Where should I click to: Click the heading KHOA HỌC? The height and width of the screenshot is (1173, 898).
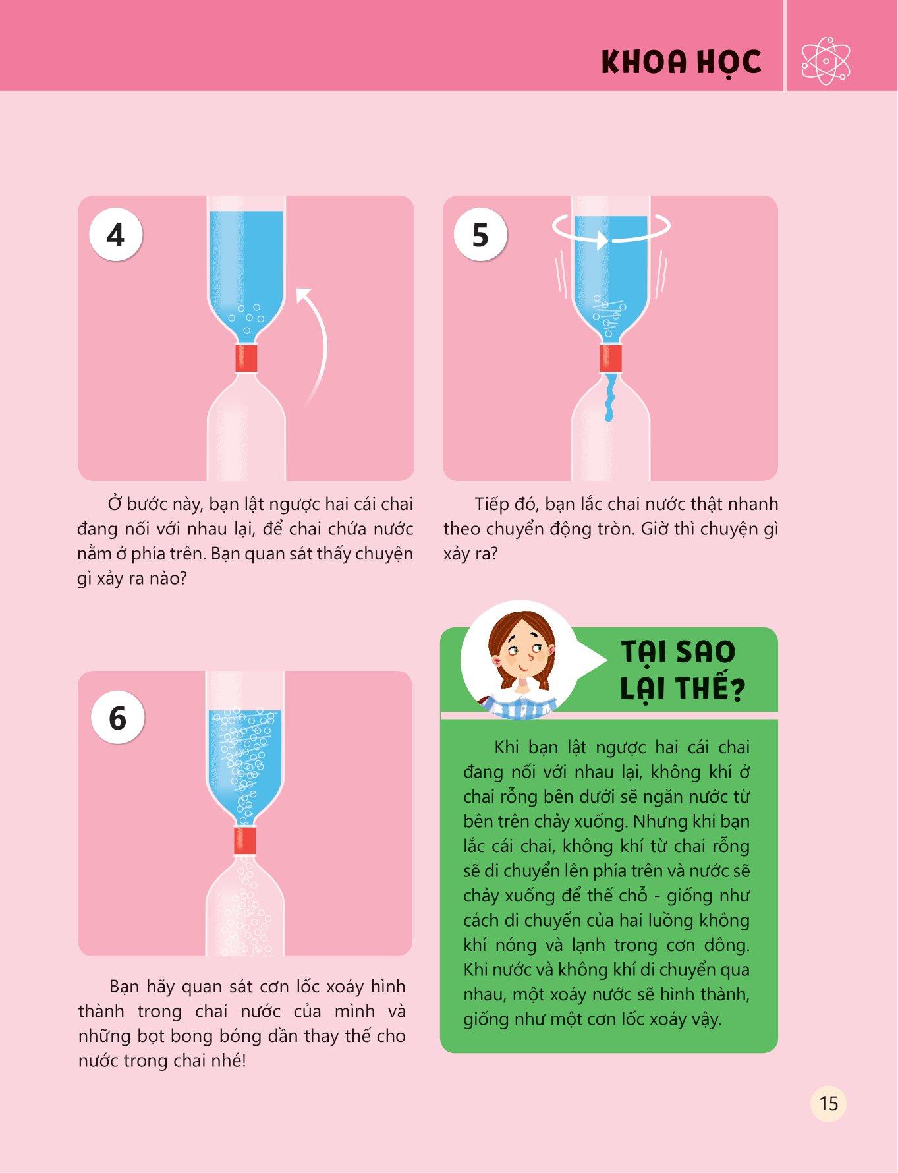pyautogui.click(x=681, y=62)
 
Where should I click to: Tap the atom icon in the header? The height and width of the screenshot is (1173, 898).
pyautogui.click(x=826, y=61)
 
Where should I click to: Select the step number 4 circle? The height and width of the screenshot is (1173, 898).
pyautogui.click(x=116, y=235)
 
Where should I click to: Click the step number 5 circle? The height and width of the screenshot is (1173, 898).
pyautogui.click(x=480, y=235)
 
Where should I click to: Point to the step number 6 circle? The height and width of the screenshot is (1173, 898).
pyautogui.click(x=117, y=717)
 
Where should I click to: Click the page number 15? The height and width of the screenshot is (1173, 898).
pyautogui.click(x=828, y=1102)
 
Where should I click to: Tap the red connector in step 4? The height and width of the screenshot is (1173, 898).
pyautogui.click(x=246, y=358)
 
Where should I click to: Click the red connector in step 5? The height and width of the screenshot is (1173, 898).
pyautogui.click(x=611, y=358)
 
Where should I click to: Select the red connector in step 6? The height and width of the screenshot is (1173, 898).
pyautogui.click(x=245, y=841)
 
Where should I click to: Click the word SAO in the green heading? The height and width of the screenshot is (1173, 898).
pyautogui.click(x=706, y=652)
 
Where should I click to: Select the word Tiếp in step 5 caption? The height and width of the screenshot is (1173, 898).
pyautogui.click(x=490, y=505)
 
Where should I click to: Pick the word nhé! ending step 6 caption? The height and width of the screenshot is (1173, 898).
pyautogui.click(x=228, y=1060)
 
